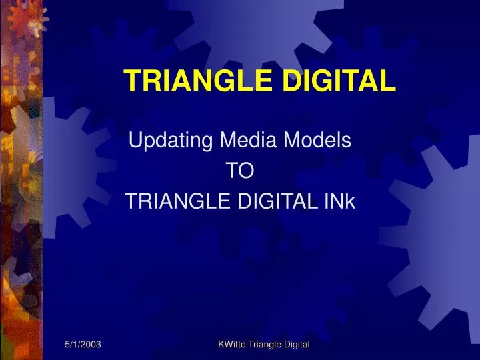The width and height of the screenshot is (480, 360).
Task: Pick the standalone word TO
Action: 240,171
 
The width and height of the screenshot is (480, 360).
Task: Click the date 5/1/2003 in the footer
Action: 83,343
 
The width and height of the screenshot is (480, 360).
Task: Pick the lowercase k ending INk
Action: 352,202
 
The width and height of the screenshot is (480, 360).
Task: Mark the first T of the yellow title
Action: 130,81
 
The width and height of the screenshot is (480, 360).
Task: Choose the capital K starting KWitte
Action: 221,343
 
